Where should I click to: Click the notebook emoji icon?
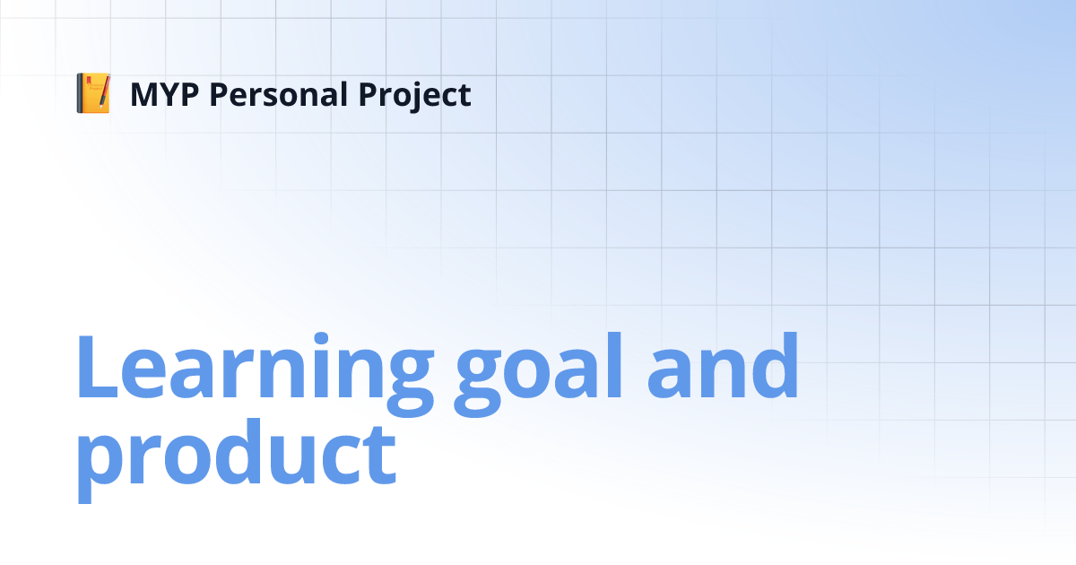coord(93,94)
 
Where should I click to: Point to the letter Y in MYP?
coord(176,94)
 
